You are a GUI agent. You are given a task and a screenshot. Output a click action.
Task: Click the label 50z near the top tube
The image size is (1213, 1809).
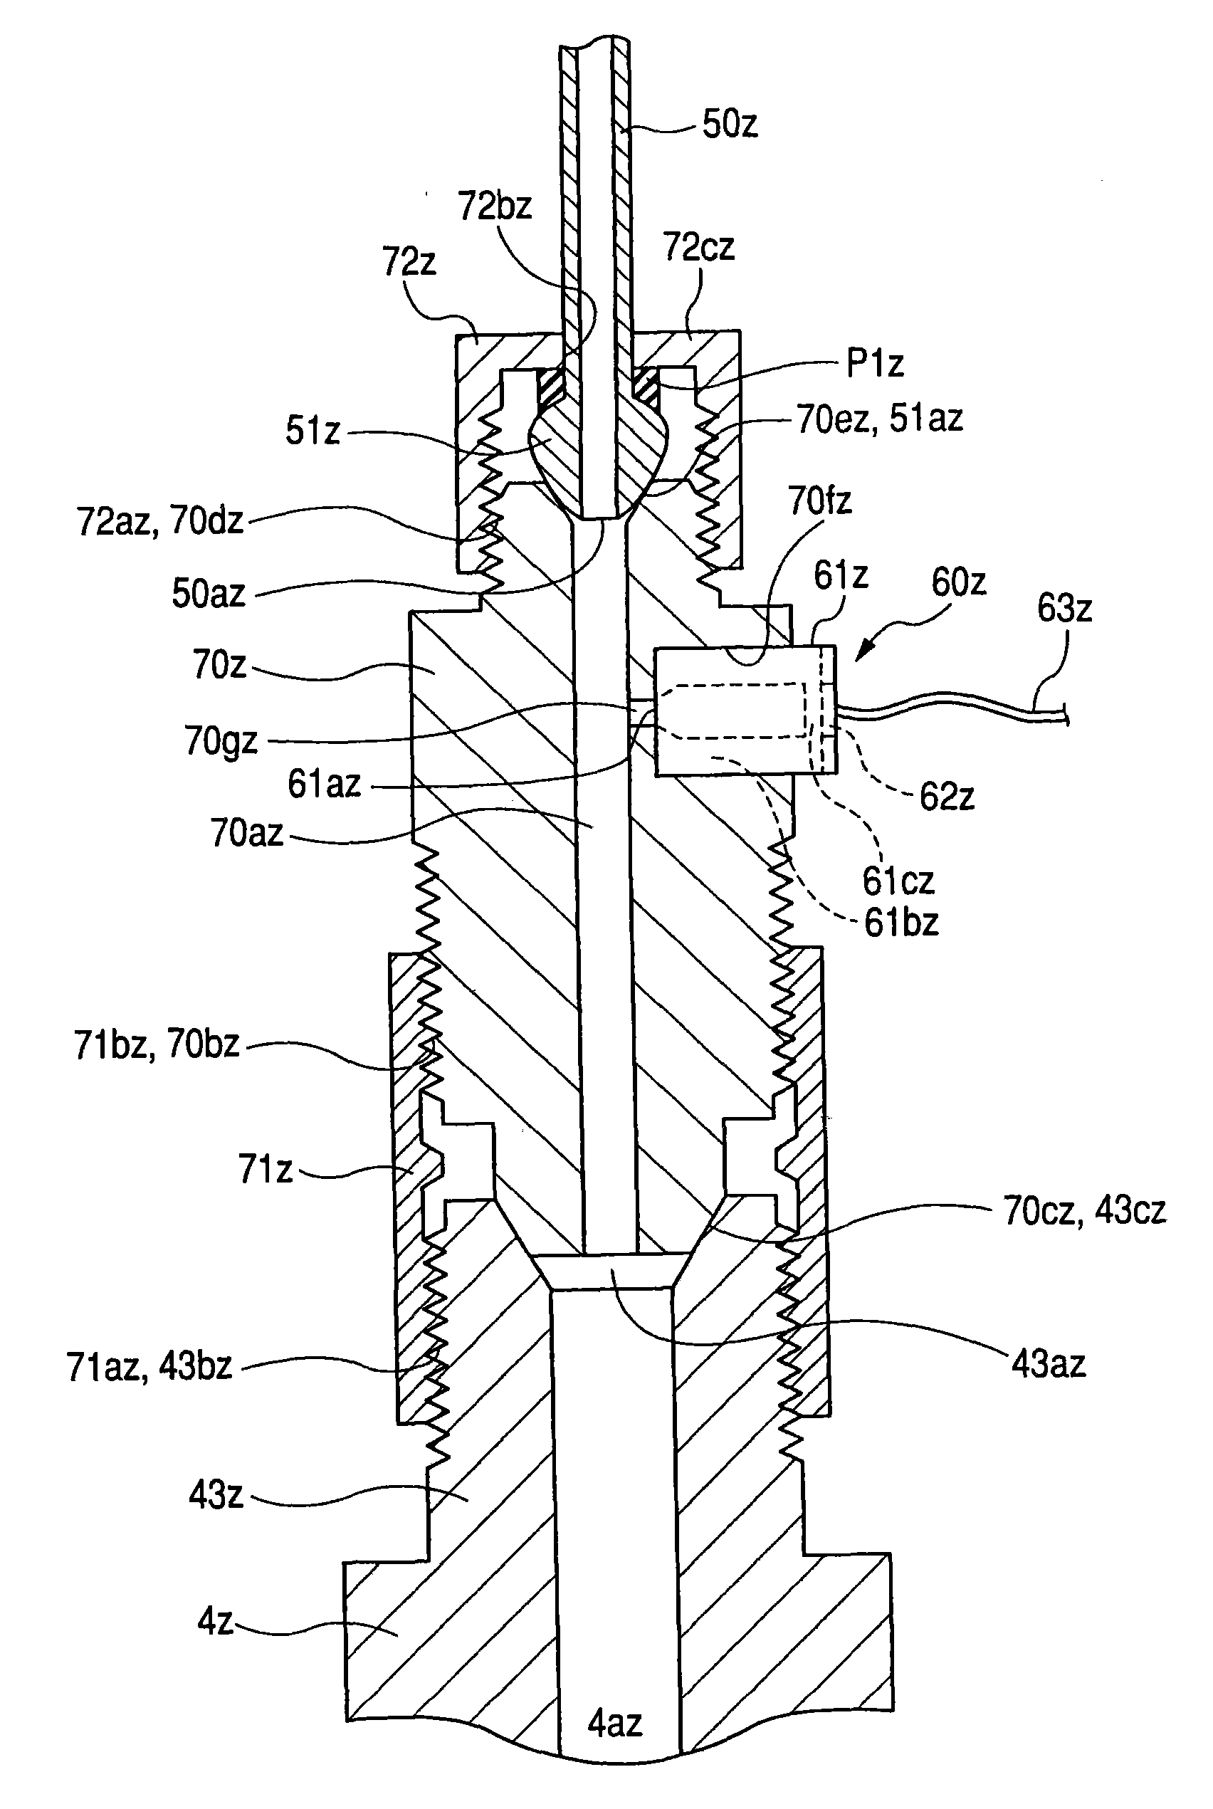click(730, 123)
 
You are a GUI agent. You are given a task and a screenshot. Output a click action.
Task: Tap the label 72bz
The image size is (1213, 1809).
click(495, 206)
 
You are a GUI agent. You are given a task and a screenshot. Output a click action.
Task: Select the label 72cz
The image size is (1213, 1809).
click(698, 246)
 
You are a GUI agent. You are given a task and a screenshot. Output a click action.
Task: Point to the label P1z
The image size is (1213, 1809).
click(875, 363)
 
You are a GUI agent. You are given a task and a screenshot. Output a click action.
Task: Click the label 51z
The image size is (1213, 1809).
click(313, 431)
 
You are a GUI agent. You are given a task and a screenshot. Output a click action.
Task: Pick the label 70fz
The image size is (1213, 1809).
click(820, 500)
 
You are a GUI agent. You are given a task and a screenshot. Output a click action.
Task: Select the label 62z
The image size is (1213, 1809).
click(946, 796)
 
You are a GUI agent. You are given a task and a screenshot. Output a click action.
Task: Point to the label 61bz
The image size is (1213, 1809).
click(901, 922)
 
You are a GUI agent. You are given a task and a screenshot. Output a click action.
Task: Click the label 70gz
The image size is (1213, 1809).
click(221, 741)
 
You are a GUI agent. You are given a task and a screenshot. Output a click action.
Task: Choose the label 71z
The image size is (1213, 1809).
click(266, 1169)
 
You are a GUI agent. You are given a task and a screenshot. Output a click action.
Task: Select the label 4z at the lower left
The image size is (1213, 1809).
click(215, 1620)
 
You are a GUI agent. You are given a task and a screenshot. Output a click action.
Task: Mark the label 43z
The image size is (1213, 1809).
click(216, 1494)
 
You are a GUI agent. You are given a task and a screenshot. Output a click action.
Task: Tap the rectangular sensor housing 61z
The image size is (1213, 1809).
click(746, 711)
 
